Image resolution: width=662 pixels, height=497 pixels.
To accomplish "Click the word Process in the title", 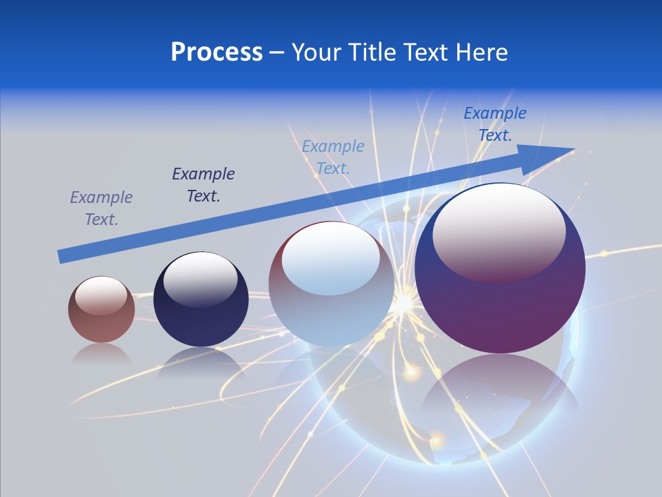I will (217, 52).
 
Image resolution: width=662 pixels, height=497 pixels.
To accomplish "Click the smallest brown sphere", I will (101, 309).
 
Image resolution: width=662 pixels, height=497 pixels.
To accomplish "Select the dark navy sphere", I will (201, 300).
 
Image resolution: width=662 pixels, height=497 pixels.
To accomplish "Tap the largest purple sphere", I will (500, 269).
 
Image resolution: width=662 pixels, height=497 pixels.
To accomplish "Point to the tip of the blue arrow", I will (573, 149).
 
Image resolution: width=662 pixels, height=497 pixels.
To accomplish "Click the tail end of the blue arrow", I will (61, 257).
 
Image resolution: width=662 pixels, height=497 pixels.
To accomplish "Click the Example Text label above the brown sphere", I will (101, 208).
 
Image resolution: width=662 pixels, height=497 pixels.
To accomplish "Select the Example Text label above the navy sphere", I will (203, 185).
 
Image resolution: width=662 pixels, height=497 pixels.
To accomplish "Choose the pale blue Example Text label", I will (333, 157).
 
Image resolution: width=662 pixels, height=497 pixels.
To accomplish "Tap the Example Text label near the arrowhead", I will (495, 124).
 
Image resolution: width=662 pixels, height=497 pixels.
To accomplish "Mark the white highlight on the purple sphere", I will (499, 232).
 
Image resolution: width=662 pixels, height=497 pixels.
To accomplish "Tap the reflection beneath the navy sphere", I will (200, 362).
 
